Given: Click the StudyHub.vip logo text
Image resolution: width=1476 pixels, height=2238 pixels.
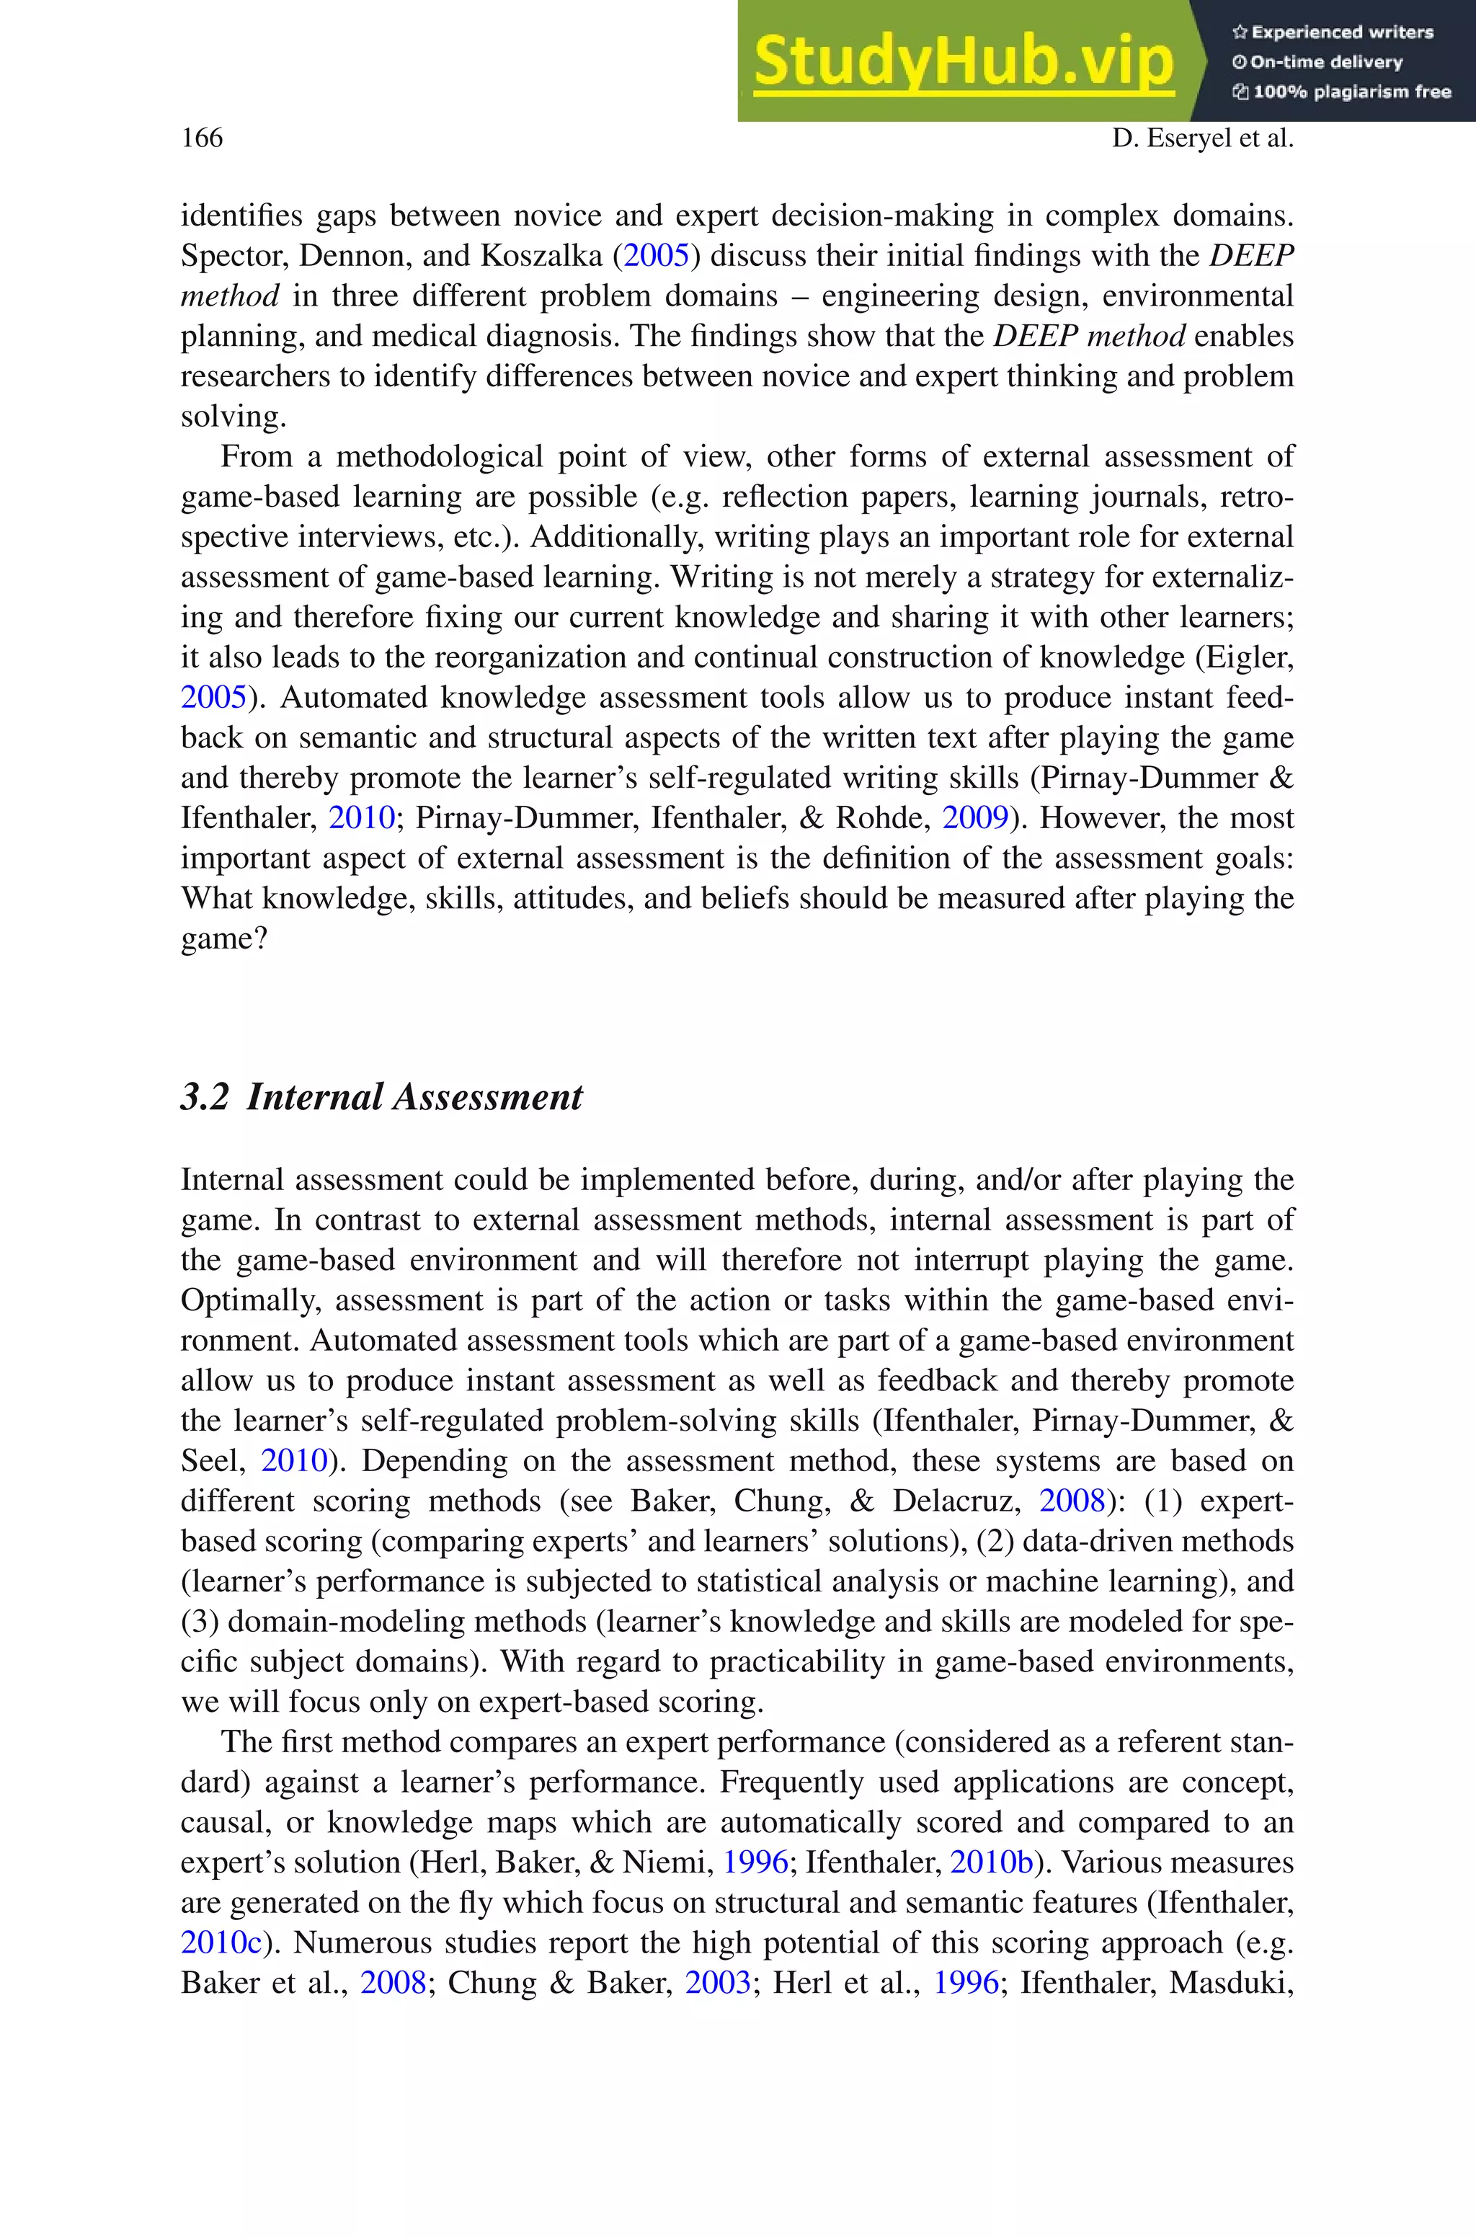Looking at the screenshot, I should pyautogui.click(x=963, y=62).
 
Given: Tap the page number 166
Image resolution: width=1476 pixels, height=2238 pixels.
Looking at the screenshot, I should pyautogui.click(x=202, y=138).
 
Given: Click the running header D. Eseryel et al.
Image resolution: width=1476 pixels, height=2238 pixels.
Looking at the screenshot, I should pyautogui.click(x=1202, y=138).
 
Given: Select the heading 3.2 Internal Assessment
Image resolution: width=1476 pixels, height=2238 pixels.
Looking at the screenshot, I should pyautogui.click(x=381, y=1097).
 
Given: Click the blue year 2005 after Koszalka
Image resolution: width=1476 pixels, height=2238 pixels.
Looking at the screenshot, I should pyautogui.click(x=656, y=256).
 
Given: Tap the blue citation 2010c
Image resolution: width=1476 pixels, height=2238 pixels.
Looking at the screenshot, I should pyautogui.click(x=221, y=1942).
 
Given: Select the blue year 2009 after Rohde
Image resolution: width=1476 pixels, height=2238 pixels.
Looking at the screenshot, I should pyautogui.click(x=975, y=818).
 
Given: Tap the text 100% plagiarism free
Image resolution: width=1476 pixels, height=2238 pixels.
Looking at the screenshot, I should pyautogui.click(x=1352, y=92).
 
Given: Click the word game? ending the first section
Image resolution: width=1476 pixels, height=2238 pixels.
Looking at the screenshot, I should pyautogui.click(x=224, y=939).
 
